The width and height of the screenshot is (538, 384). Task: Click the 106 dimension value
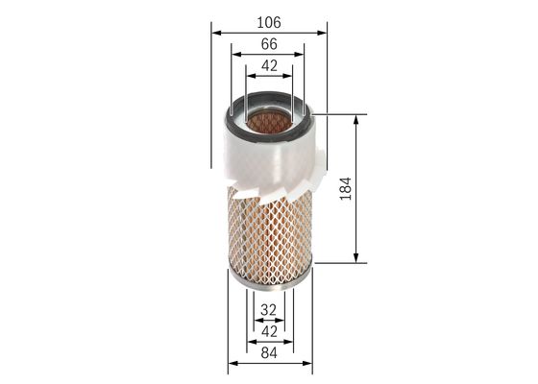tap(270, 21)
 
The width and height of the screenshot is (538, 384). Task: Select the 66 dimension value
tap(269, 44)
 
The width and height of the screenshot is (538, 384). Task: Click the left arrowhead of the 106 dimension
tap(213, 31)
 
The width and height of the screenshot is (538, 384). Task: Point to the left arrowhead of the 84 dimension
tap(231, 366)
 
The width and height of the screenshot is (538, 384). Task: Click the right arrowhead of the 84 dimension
tap(310, 366)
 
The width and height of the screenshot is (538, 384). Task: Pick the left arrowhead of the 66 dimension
tap(233, 54)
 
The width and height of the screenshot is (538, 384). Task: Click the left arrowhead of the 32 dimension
tap(257, 321)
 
